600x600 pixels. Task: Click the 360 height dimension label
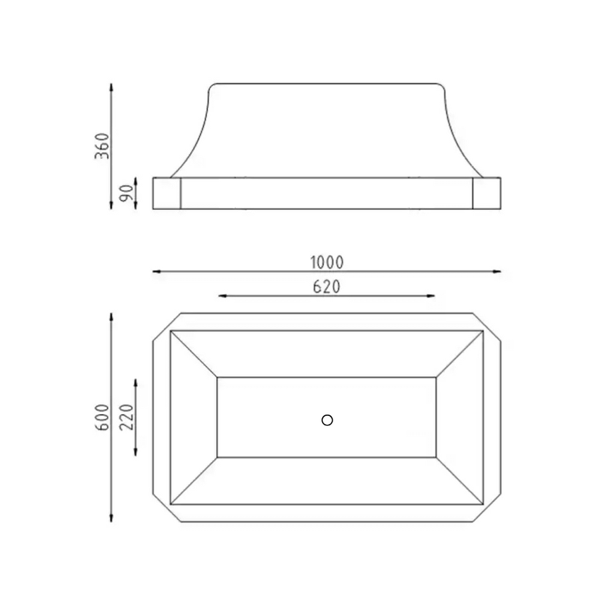[x=102, y=145]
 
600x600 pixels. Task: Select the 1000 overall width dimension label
[x=327, y=262]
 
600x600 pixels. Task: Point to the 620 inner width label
[x=327, y=287]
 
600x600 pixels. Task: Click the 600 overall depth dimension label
[x=102, y=417]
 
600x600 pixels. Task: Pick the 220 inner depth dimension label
[x=127, y=417]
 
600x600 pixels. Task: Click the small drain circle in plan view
[x=327, y=420]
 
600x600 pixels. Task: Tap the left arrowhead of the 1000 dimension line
[x=156, y=271]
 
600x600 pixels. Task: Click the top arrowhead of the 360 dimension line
[x=111, y=87]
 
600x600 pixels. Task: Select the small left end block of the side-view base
[x=167, y=193]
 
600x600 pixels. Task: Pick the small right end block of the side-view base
[x=487, y=193]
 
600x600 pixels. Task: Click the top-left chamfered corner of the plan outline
[x=167, y=327]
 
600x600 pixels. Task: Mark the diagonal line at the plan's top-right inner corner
[x=459, y=354]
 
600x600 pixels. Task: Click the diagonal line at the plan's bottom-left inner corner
[x=194, y=480]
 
